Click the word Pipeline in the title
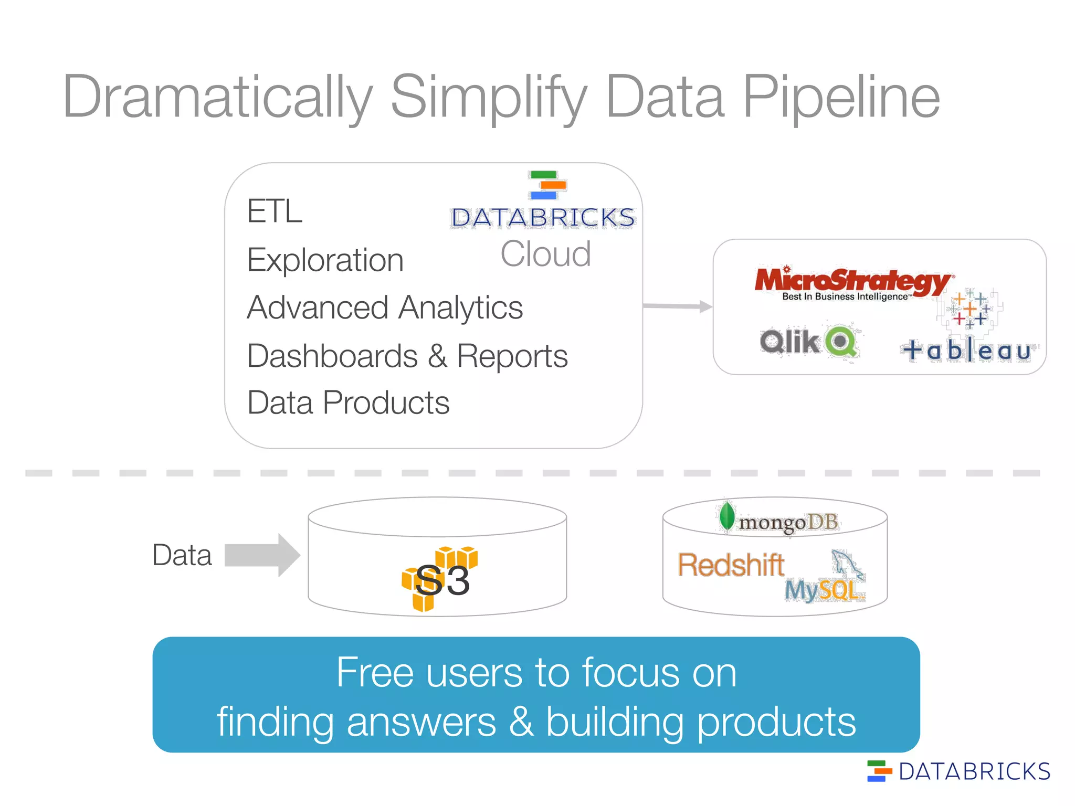pos(841,97)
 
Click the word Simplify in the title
pos(488,97)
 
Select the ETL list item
pos(275,211)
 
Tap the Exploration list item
pos(325,260)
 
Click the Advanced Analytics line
pos(385,307)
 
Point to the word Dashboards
pos(332,356)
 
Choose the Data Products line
pos(348,403)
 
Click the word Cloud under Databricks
pos(545,254)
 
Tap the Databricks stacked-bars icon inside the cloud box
pos(547,185)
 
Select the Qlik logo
pos(808,342)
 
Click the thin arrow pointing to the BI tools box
pos(677,306)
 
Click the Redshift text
pos(731,565)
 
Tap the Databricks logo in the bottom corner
pos(958,771)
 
